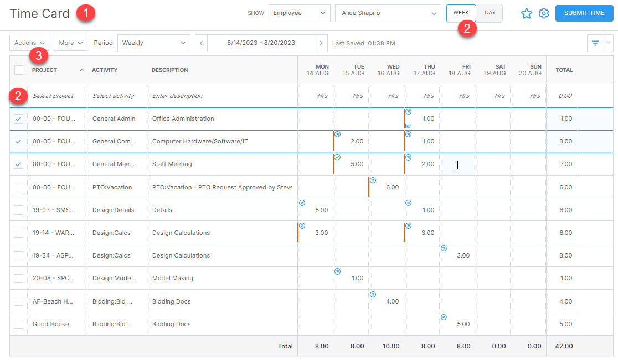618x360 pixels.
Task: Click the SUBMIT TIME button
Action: [x=584, y=13]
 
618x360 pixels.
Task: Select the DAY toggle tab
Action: [x=490, y=13]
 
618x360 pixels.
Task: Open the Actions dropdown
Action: [x=29, y=43]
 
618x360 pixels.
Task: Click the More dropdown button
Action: [x=70, y=43]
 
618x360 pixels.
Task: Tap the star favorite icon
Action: [x=526, y=13]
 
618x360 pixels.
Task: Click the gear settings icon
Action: [x=544, y=13]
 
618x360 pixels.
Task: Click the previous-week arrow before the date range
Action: [x=202, y=43]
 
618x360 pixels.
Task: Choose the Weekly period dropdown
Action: [x=153, y=43]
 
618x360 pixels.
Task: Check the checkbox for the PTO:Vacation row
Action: [x=19, y=187]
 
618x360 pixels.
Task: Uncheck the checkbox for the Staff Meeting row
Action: [x=19, y=164]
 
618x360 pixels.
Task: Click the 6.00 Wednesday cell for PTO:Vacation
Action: [x=386, y=187]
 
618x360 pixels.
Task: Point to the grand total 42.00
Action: [x=565, y=346]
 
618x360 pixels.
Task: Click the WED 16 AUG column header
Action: [x=386, y=70]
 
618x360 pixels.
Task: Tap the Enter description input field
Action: [x=222, y=96]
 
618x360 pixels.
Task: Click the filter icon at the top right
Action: [x=595, y=43]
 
